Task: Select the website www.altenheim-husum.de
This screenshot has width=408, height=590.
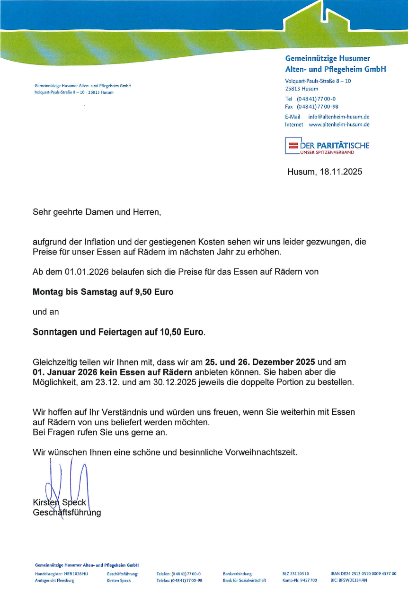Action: tap(339, 125)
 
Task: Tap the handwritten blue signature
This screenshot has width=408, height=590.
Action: tap(66, 483)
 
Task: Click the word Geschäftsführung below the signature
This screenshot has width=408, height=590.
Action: tap(67, 513)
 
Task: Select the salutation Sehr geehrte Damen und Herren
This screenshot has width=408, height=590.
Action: tap(97, 212)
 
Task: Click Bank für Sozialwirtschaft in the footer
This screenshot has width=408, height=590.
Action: tap(244, 580)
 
